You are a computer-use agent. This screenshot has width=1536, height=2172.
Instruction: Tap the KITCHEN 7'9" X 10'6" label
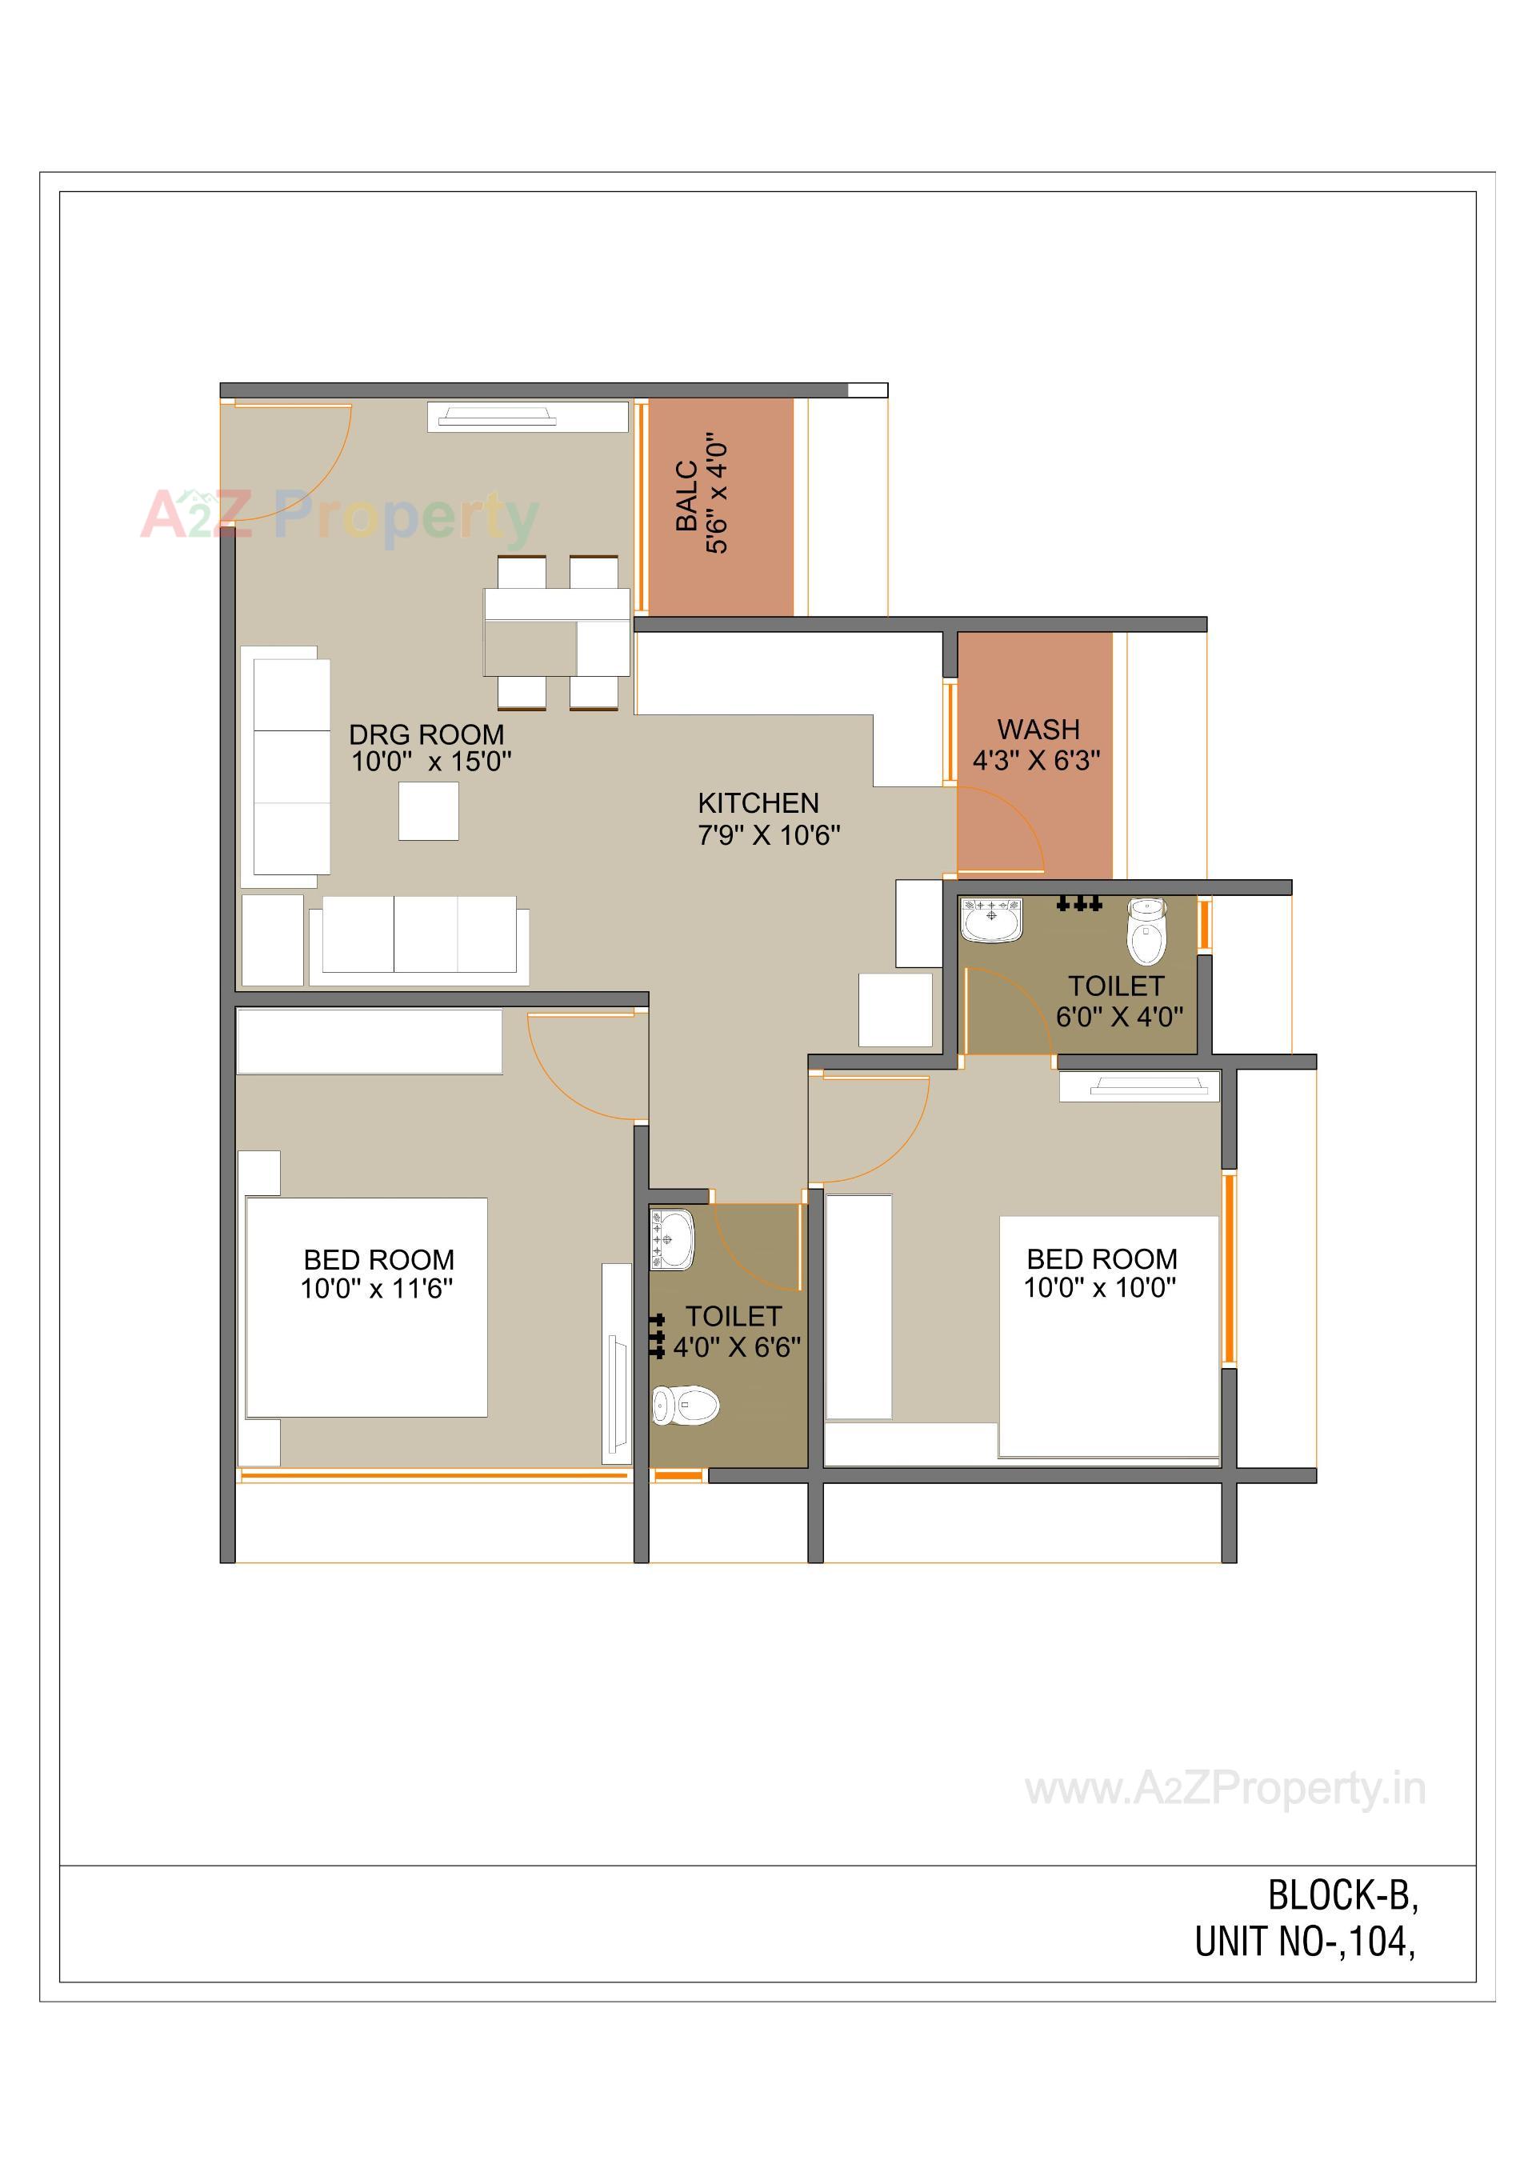768,818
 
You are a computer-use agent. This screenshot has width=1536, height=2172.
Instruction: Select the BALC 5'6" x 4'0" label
702,494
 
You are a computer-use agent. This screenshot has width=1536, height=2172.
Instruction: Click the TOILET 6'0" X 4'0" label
1119,1001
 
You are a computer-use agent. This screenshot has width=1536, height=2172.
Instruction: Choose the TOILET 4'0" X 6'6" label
736,1331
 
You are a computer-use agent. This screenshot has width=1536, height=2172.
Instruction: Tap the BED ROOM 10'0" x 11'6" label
378,1274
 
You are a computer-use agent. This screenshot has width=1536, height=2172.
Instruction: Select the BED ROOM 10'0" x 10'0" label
1101,1272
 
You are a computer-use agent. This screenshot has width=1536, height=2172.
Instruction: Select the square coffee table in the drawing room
429,810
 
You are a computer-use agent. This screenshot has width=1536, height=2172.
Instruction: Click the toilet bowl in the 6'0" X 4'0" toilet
1146,931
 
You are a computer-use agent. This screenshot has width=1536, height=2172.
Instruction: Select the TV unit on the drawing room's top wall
527,416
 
